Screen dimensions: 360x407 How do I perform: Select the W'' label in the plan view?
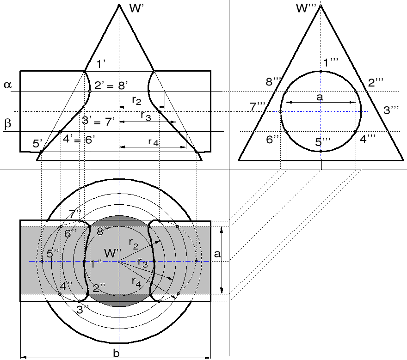(113, 253)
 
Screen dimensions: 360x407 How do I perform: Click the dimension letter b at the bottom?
(116, 353)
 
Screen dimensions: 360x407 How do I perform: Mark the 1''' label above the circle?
(330, 63)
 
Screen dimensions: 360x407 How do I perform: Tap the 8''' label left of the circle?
(274, 82)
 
